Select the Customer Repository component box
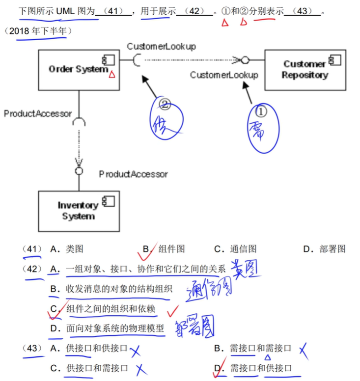click(x=305, y=69)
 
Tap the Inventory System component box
click(x=78, y=211)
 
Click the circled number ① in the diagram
click(x=261, y=112)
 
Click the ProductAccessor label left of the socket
click(x=38, y=113)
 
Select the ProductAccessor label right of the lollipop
click(x=133, y=174)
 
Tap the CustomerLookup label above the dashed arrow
click(x=161, y=46)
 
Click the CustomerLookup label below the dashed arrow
click(x=224, y=75)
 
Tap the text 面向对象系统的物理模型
click(x=115, y=328)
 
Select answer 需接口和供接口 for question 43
click(x=260, y=368)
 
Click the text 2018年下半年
click(x=40, y=31)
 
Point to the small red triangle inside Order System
click(x=112, y=75)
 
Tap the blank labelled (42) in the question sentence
click(x=194, y=11)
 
